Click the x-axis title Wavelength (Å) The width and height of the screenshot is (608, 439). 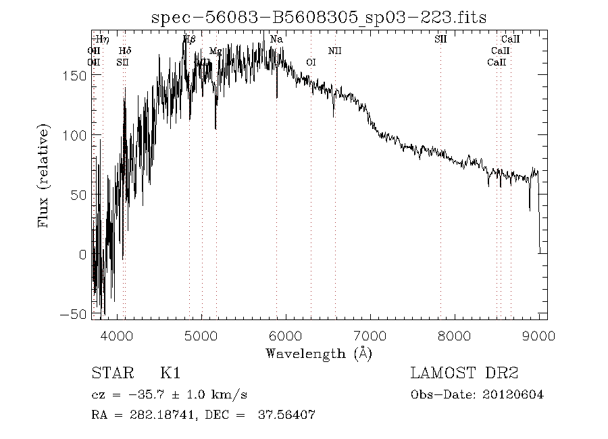click(319, 353)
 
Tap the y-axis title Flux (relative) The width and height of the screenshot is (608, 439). click(45, 176)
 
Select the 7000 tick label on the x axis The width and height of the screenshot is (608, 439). click(370, 336)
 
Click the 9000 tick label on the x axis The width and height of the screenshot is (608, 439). click(538, 336)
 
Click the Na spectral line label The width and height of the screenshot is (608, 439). click(276, 39)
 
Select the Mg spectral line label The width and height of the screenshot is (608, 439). click(216, 51)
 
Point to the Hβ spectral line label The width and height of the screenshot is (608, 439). click(189, 39)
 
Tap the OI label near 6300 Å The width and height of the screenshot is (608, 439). click(311, 62)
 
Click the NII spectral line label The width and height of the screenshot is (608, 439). click(335, 51)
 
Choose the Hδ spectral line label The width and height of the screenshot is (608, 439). click(125, 51)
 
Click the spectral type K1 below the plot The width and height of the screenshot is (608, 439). click(170, 373)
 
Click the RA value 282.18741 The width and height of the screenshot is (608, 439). click(161, 415)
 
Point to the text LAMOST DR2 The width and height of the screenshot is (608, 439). click(465, 373)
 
